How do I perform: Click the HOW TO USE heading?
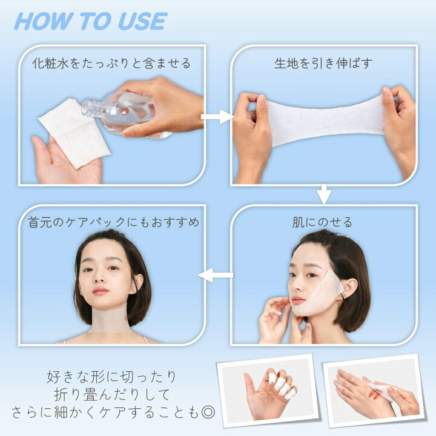point(90,22)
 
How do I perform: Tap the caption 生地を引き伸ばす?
point(323,64)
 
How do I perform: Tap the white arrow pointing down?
point(325,195)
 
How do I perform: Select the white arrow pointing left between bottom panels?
point(216,276)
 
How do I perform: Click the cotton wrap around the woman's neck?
point(111,320)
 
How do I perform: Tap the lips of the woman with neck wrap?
point(101,291)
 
